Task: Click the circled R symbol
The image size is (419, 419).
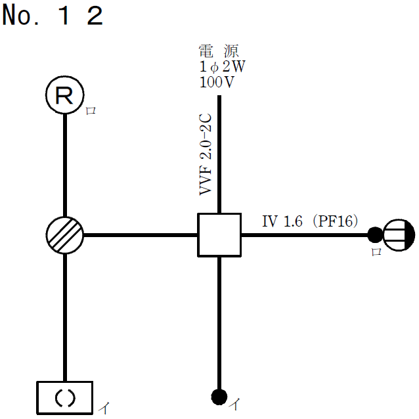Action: point(64,97)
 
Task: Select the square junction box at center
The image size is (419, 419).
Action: point(219,235)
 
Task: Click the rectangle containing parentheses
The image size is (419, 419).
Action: point(64,397)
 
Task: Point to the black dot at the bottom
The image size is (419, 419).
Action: point(219,397)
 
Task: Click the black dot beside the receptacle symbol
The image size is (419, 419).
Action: point(375,234)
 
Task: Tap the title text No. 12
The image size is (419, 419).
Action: point(53,16)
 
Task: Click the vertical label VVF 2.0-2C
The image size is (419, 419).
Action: point(205,162)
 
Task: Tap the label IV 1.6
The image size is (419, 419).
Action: point(282,222)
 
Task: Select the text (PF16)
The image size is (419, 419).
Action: point(336,222)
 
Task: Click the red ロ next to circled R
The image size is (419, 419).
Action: point(91,111)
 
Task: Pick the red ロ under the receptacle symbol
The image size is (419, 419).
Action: point(376,253)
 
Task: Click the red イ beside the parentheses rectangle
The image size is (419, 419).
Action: point(104,408)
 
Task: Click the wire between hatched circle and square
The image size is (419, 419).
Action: point(141,235)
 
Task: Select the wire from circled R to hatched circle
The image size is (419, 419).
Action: point(65,164)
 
